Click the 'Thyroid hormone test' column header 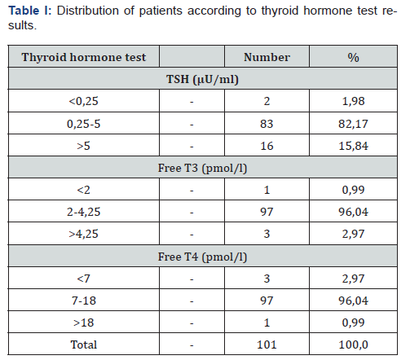pyautogui.click(x=84, y=57)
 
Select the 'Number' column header pyautogui.click(x=267, y=57)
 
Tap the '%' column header pyautogui.click(x=353, y=58)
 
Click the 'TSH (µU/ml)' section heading pyautogui.click(x=202, y=80)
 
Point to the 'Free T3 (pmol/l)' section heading pyautogui.click(x=202, y=169)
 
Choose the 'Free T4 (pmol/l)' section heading pyautogui.click(x=202, y=257)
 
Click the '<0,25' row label pyautogui.click(x=83, y=101)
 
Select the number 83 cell pyautogui.click(x=267, y=124)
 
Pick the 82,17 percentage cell pyautogui.click(x=353, y=124)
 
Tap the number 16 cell pyautogui.click(x=267, y=146)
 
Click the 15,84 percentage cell pyautogui.click(x=353, y=146)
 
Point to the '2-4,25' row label pyautogui.click(x=84, y=212)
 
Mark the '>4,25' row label pyautogui.click(x=83, y=234)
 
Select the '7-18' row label pyautogui.click(x=84, y=301)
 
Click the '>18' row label pyautogui.click(x=84, y=323)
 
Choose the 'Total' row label pyautogui.click(x=84, y=345)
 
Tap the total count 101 pyautogui.click(x=267, y=345)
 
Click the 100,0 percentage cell pyautogui.click(x=353, y=345)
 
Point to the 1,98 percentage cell pyautogui.click(x=353, y=101)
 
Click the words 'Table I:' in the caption pyautogui.click(x=30, y=11)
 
